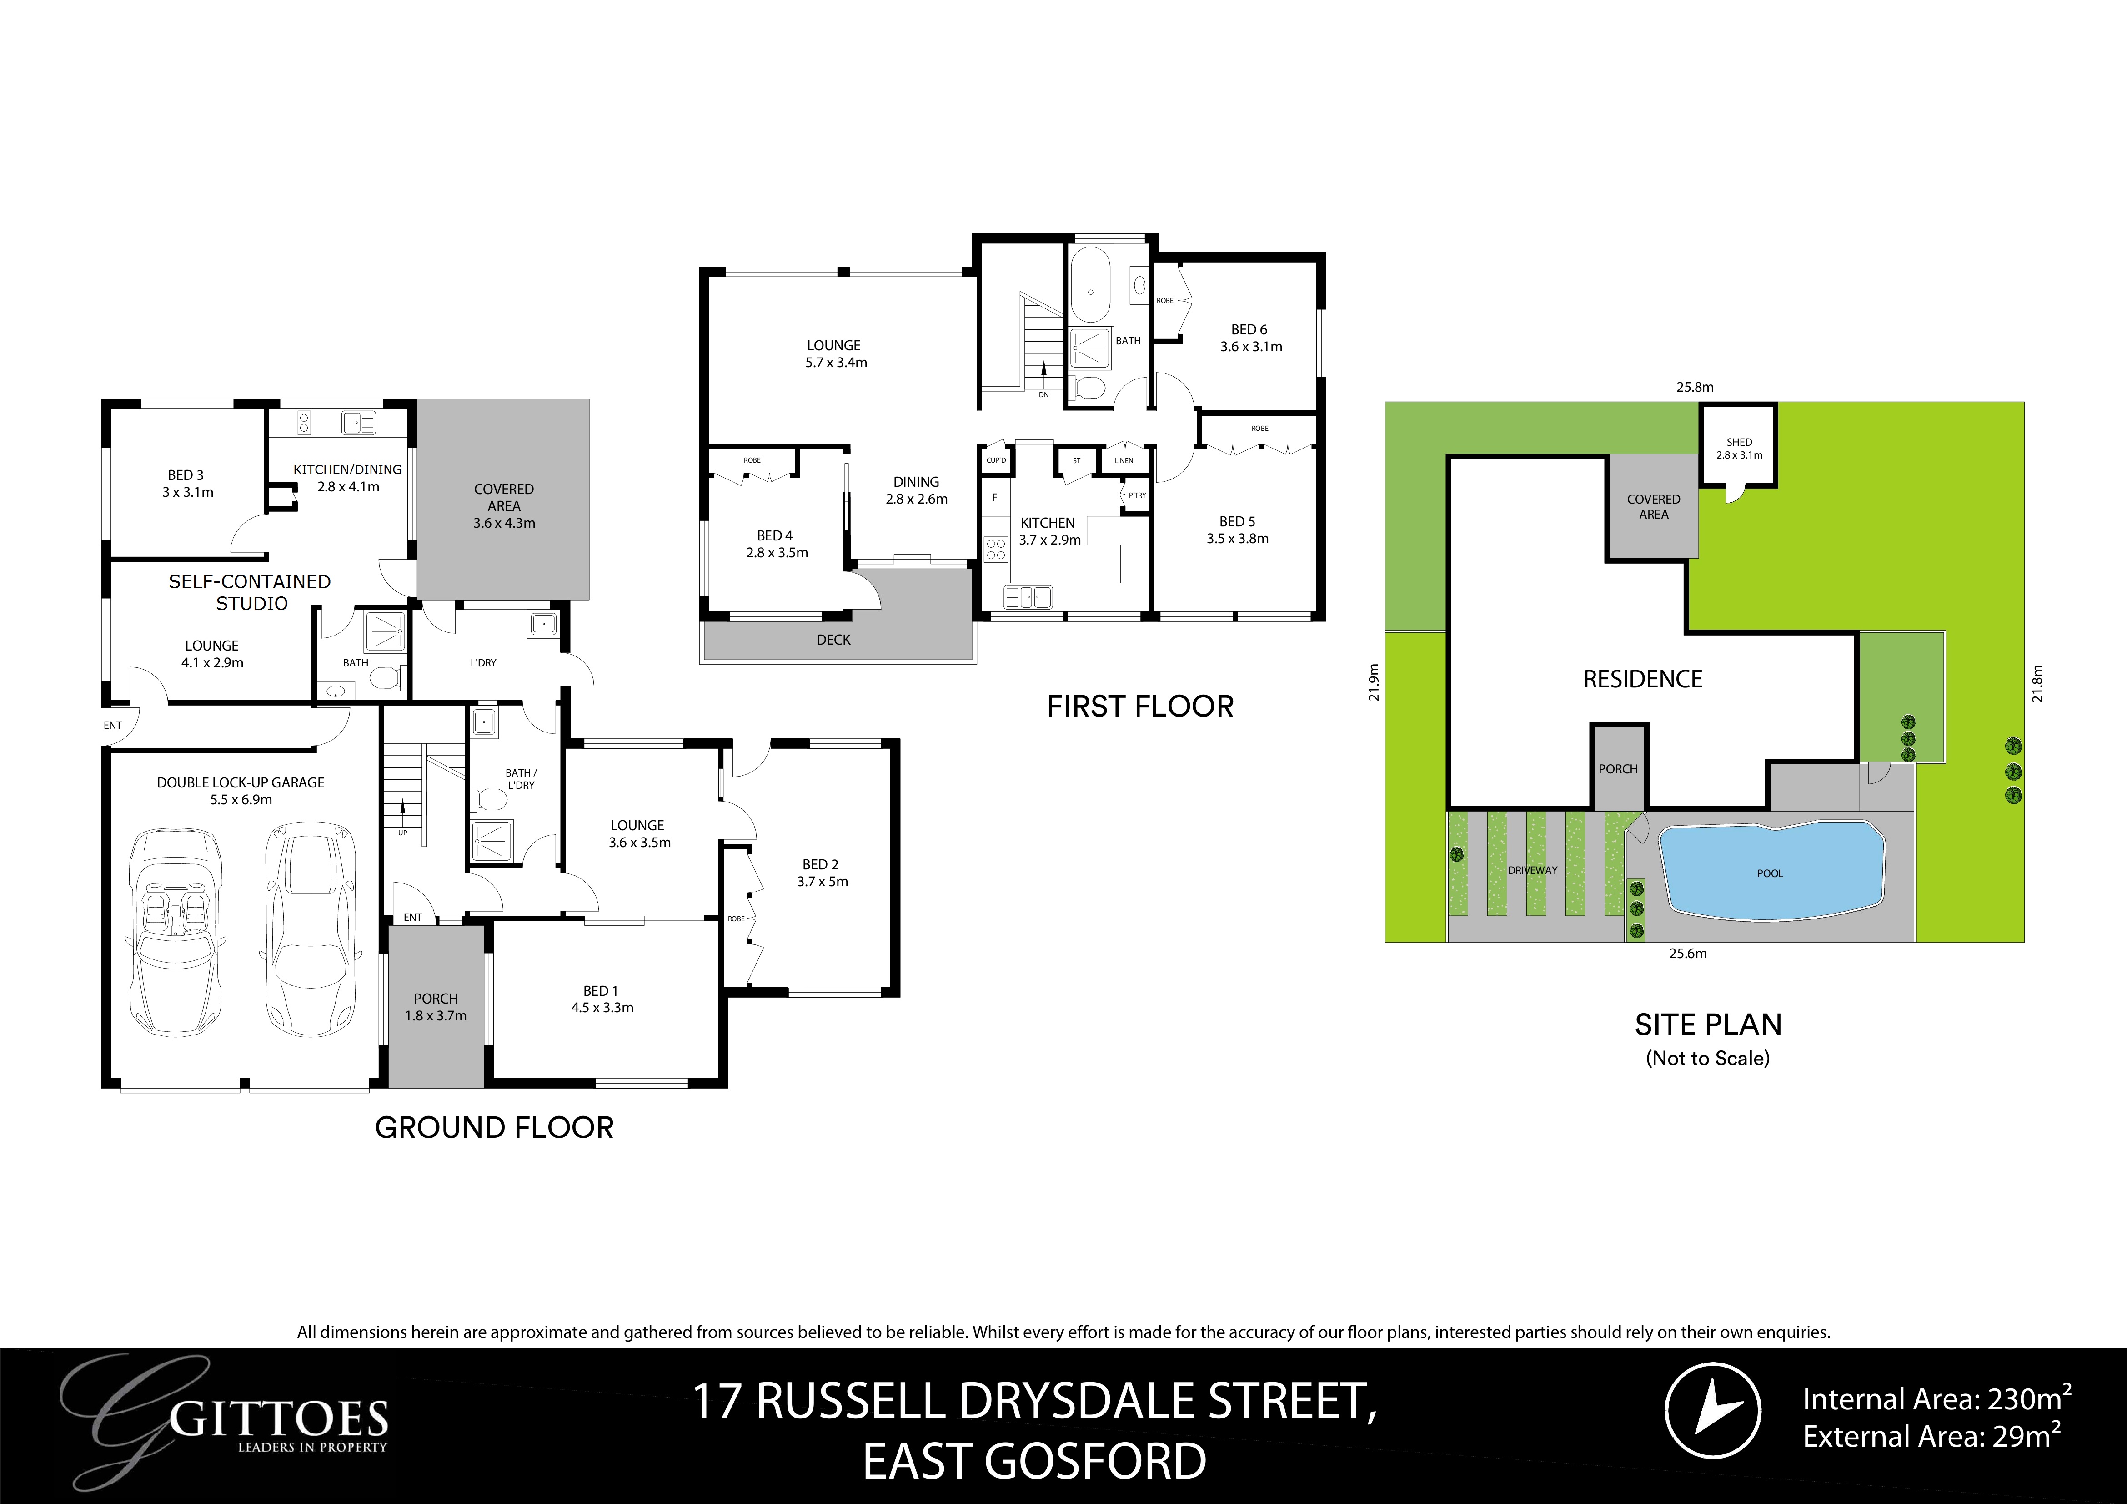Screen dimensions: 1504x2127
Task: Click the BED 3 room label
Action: tap(186, 475)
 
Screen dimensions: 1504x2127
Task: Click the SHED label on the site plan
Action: tap(1739, 442)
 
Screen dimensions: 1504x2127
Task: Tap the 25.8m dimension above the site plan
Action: tap(1695, 387)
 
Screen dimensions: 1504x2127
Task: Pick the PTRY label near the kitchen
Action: tap(1137, 495)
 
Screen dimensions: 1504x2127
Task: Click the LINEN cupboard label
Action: tap(1123, 460)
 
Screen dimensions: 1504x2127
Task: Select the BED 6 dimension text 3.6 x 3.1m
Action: tap(1251, 347)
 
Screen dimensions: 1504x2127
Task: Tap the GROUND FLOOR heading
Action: tap(494, 1128)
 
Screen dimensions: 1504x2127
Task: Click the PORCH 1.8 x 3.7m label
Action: tap(436, 1007)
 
